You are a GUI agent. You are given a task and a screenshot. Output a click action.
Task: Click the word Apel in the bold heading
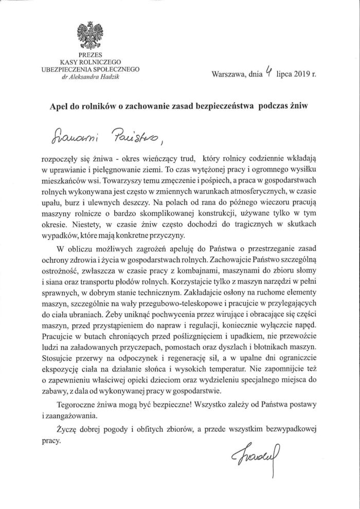point(60,103)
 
